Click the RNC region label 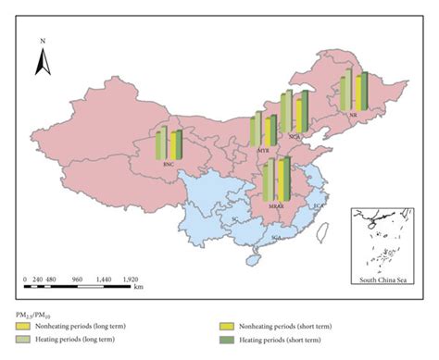pos(169,165)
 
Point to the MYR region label pos(263,148)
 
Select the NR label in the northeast pos(353,115)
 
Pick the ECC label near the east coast pos(319,205)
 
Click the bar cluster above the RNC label pos(169,143)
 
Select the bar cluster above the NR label pos(353,90)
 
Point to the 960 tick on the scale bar pos(78,278)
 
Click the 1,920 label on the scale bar pos(131,278)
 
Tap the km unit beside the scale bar pos(138,287)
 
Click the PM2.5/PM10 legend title pos(34,314)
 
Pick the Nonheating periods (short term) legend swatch pos(225,327)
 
